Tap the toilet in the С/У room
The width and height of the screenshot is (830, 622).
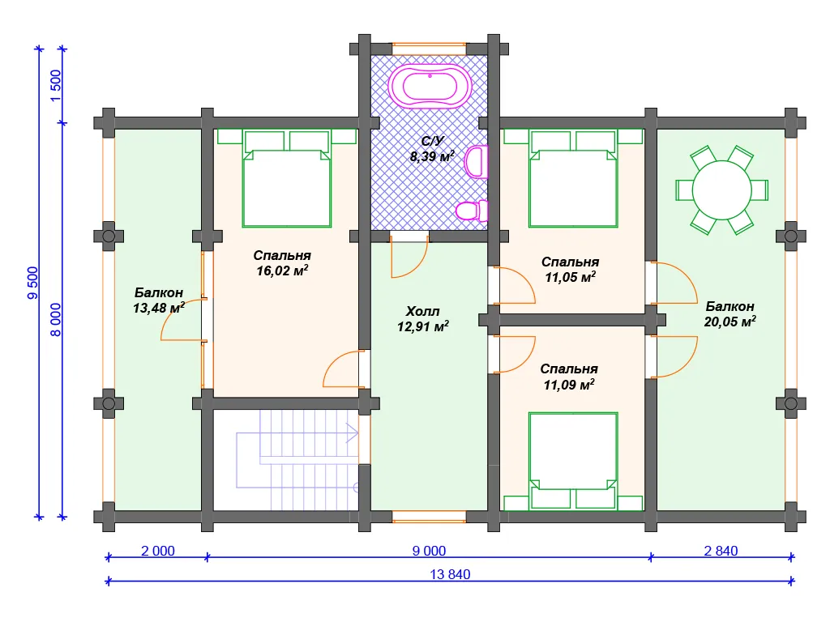click(472, 211)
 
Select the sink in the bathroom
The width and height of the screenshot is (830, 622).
click(476, 161)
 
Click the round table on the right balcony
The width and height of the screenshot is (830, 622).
click(721, 190)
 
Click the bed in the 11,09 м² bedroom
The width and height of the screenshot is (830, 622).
click(573, 461)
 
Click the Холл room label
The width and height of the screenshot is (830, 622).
click(422, 311)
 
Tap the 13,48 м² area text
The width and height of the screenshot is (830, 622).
click(158, 308)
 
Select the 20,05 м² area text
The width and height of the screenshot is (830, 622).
click(729, 322)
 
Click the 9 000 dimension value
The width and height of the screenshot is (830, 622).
click(429, 551)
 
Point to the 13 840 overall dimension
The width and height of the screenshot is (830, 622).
click(450, 574)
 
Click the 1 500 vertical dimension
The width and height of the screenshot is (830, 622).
click(56, 86)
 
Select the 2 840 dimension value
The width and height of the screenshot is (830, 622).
click(721, 551)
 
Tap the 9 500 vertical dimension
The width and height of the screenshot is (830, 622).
click(32, 283)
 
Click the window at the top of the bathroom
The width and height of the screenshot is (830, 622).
click(429, 49)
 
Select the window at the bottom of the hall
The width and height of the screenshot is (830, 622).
click(429, 517)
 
